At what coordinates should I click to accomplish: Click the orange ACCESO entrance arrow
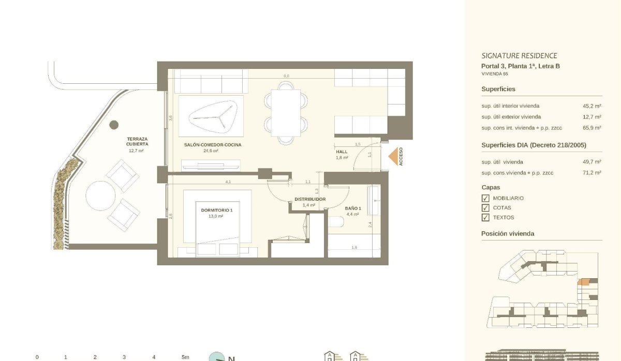(x=393, y=157)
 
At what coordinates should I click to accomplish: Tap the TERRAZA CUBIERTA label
(x=137, y=142)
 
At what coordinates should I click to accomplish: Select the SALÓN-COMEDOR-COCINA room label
(x=213, y=145)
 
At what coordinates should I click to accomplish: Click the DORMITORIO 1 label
(x=216, y=210)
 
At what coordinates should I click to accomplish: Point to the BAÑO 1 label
(x=353, y=208)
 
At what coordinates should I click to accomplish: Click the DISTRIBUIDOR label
(x=310, y=199)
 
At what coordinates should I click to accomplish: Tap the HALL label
(x=342, y=152)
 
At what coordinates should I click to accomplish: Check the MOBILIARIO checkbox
(x=485, y=198)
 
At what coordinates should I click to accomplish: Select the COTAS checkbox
(x=485, y=208)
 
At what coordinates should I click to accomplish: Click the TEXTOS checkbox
(x=485, y=218)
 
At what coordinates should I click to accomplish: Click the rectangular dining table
(x=286, y=113)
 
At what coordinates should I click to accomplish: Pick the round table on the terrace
(x=100, y=195)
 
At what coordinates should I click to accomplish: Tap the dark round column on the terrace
(x=114, y=125)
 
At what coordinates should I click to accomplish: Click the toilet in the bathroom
(x=336, y=222)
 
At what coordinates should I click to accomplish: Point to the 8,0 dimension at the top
(x=286, y=76)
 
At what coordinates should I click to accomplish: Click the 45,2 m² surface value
(x=592, y=106)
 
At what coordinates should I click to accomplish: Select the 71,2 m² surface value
(x=592, y=173)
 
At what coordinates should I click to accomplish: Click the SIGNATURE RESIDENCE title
(x=519, y=56)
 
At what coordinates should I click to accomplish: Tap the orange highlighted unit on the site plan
(x=583, y=282)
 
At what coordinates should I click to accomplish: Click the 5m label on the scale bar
(x=185, y=357)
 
